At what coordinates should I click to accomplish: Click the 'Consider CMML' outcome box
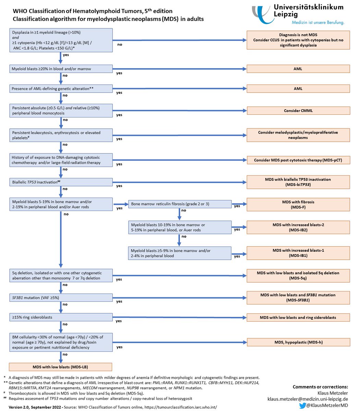[298, 111]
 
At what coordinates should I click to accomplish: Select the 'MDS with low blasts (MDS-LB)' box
[60, 367]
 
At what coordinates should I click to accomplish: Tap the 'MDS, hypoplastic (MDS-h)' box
[299, 342]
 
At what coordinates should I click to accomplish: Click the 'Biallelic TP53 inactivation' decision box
[61, 182]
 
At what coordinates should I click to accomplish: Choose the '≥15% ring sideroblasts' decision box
[61, 317]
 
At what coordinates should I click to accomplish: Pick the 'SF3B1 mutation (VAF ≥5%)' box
[61, 298]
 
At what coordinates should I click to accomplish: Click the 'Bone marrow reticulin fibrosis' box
[180, 204]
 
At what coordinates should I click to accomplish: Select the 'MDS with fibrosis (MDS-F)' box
[298, 204]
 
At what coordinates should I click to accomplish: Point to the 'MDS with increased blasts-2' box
[298, 227]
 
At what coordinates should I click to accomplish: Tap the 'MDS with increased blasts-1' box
[298, 253]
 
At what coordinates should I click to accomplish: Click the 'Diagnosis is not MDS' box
[298, 40]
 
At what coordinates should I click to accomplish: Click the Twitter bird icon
[302, 406]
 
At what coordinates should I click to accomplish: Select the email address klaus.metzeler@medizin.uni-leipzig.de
[308, 399]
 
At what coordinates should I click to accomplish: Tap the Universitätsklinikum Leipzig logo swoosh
[262, 15]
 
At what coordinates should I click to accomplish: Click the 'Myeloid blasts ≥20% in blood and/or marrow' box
[61, 69]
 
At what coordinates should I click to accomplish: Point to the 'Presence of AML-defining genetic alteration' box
[61, 89]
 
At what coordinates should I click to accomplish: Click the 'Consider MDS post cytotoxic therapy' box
[299, 160]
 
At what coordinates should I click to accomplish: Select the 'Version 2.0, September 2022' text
[35, 407]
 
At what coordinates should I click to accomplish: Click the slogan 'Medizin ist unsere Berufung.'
[318, 23]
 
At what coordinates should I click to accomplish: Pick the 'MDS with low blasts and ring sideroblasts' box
[298, 317]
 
